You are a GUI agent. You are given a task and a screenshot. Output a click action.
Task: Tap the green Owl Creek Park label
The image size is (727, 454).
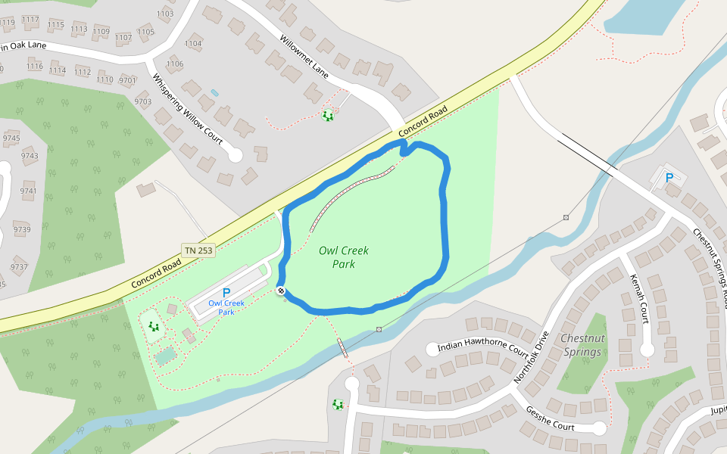point(337,257)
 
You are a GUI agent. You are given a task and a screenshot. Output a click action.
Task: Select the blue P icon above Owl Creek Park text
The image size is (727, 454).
point(226,293)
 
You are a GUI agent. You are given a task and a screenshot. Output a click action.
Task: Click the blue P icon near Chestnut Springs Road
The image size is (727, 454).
point(669,179)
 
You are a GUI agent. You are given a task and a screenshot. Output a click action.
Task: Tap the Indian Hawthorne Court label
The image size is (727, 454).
point(482,348)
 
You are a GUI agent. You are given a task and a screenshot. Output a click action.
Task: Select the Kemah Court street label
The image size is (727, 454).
point(640,298)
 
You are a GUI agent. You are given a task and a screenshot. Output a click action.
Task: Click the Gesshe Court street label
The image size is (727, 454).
point(550,418)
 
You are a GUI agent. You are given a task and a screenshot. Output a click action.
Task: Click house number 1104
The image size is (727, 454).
point(193,44)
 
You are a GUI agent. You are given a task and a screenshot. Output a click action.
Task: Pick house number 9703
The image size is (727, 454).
point(143,101)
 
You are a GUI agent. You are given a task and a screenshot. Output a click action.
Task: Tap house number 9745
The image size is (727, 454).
point(11,138)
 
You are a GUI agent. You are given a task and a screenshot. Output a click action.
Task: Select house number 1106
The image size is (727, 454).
point(175,64)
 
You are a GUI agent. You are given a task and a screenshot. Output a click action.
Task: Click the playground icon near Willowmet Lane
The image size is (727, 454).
point(327,116)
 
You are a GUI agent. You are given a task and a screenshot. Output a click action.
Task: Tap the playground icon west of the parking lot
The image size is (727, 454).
point(154,326)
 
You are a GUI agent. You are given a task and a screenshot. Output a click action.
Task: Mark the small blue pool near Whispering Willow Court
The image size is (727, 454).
point(214,92)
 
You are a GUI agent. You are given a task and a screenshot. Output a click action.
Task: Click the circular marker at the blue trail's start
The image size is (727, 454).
point(281,291)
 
